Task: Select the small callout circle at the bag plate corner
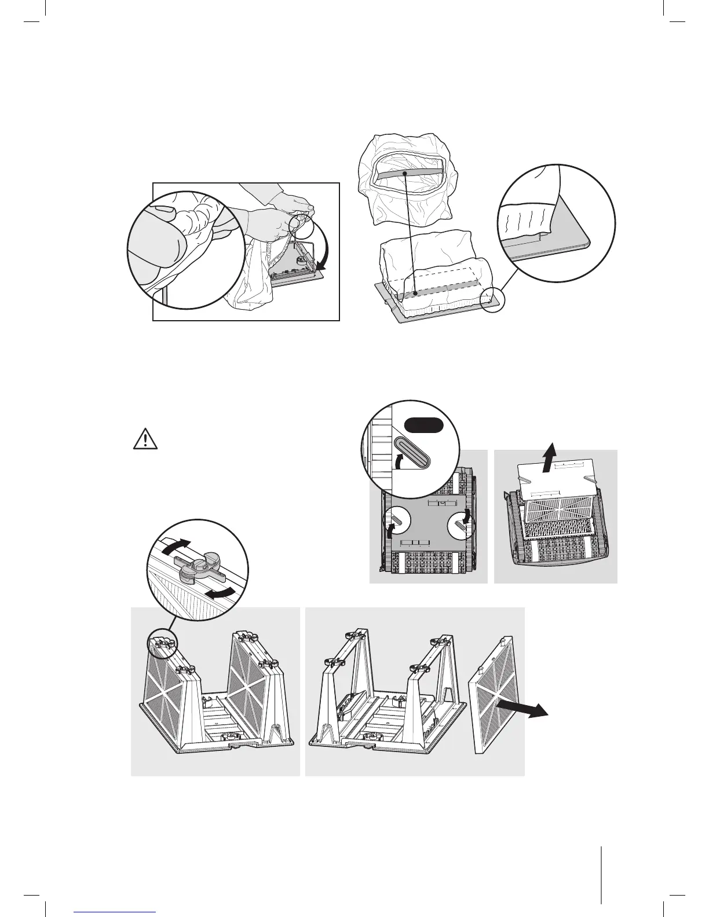click(x=494, y=299)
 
